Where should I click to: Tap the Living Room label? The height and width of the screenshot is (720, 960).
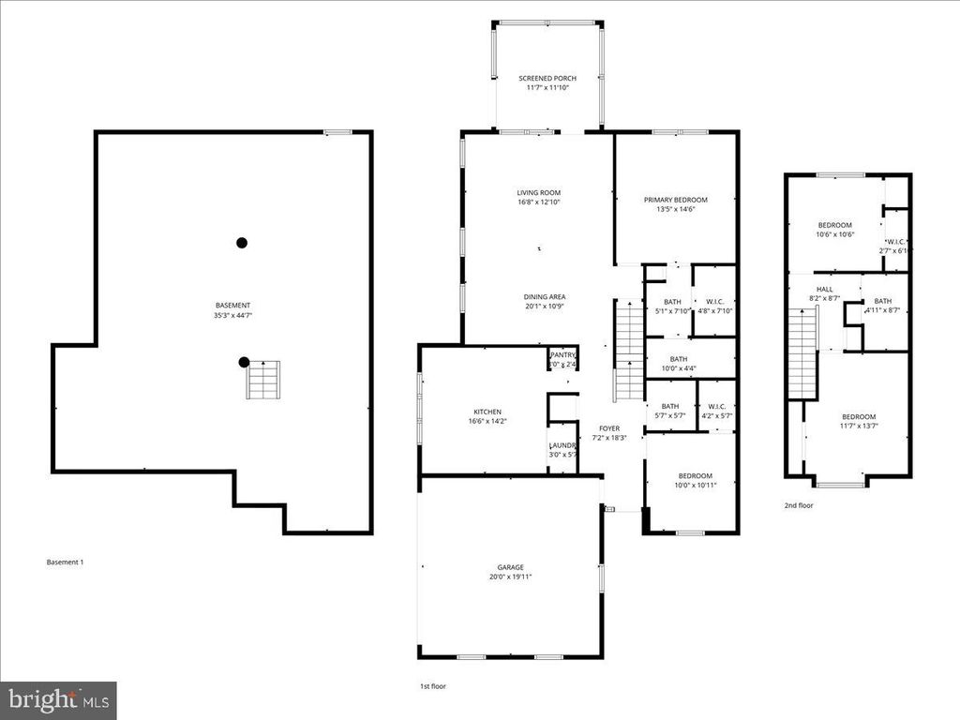click(x=538, y=192)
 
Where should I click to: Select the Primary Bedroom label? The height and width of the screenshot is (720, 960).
click(x=675, y=200)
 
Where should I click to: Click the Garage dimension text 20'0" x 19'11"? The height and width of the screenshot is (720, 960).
click(x=511, y=577)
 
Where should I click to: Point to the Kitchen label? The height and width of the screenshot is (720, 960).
click(x=487, y=412)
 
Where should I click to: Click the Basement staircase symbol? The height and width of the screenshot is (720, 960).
click(x=263, y=380)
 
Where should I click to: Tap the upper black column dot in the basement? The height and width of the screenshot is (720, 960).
click(x=242, y=243)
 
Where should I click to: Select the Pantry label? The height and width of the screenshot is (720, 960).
click(x=562, y=355)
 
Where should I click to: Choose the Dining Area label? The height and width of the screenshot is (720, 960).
click(x=545, y=297)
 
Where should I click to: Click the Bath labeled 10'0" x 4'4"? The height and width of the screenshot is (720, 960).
click(x=679, y=364)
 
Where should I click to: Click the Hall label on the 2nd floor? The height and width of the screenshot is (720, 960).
click(x=824, y=289)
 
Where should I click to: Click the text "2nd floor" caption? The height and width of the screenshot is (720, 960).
click(x=799, y=505)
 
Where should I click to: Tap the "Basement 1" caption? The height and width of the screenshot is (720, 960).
click(x=66, y=562)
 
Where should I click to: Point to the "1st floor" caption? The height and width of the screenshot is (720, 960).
click(x=432, y=687)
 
